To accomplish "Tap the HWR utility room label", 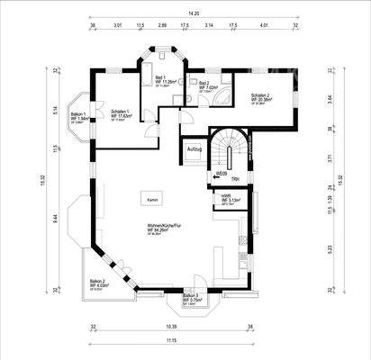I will coord(226,199).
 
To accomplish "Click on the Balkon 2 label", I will coord(98,284).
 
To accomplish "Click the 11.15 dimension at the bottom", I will coord(171,340).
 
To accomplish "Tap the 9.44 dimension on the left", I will coord(55,216).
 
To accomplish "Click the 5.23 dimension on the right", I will coord(307,249).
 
